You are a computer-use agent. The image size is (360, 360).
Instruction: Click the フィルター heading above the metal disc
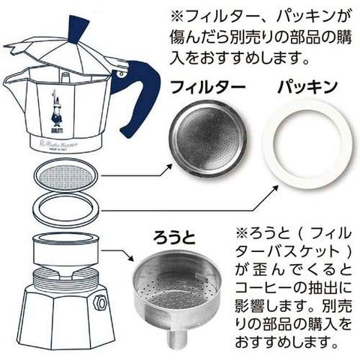[208, 87]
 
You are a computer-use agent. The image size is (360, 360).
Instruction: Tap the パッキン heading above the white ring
[308, 87]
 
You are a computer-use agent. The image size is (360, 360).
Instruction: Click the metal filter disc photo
[208, 139]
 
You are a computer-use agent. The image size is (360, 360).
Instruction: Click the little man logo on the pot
[56, 111]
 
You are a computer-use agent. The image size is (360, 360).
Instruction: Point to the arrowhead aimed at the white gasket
[274, 188]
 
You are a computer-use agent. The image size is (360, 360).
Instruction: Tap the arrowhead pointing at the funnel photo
[131, 258]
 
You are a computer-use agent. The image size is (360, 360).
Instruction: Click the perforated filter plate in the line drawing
[66, 174]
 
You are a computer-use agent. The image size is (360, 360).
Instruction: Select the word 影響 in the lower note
[250, 307]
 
